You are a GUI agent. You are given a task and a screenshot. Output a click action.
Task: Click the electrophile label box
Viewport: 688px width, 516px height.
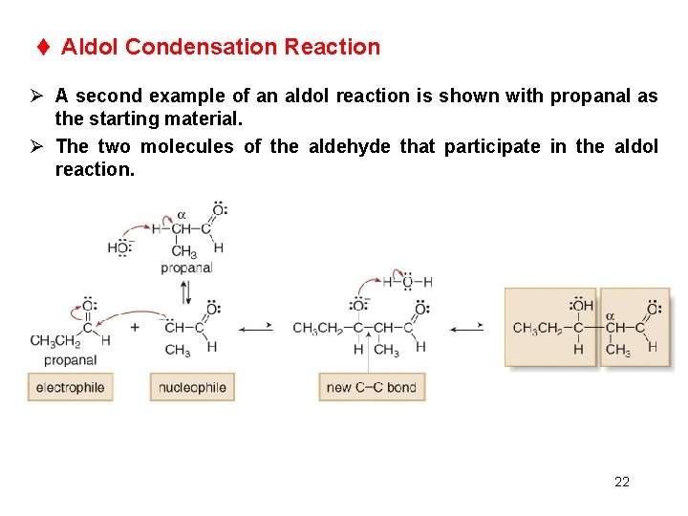pos(70,387)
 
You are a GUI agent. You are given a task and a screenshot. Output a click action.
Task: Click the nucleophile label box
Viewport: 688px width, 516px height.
pos(192,387)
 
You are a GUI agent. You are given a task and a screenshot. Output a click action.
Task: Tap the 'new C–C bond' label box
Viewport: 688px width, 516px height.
pos(372,387)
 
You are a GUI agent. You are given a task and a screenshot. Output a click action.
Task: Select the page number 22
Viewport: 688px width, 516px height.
pos(622,482)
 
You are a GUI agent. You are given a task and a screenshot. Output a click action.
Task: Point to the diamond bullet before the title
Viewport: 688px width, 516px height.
pos(43,47)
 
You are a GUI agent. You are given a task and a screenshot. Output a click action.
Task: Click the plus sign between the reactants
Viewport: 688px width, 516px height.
pos(134,327)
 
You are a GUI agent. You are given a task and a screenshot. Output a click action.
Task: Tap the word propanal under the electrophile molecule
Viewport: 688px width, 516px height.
pos(70,360)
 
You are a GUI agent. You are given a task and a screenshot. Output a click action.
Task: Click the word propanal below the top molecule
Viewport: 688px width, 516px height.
pos(186,269)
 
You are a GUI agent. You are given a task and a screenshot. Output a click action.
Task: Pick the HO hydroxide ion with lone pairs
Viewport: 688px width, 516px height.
pos(119,248)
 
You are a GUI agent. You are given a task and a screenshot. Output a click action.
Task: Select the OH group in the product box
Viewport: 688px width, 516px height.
pos(582,307)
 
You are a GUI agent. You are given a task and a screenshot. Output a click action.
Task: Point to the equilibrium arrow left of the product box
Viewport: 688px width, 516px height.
pos(466,328)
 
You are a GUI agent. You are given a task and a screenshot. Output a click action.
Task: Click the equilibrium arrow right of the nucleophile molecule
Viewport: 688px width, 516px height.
pos(255,328)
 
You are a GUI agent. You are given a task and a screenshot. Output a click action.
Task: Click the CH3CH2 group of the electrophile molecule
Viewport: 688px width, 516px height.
pos(53,341)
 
